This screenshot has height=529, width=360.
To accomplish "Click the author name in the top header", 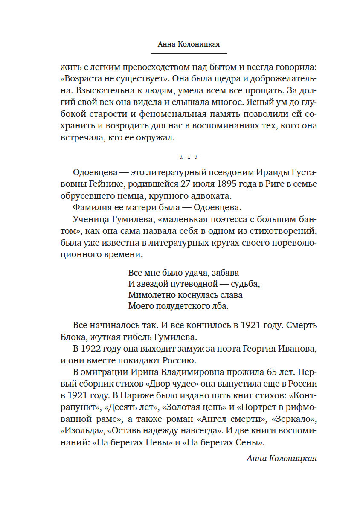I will point(189,44).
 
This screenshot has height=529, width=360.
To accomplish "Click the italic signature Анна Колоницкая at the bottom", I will point(282,458).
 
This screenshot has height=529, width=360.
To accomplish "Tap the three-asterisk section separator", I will point(189,159).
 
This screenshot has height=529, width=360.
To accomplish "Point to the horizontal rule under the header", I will point(189,53).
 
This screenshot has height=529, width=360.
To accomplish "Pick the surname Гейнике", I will point(100,184).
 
